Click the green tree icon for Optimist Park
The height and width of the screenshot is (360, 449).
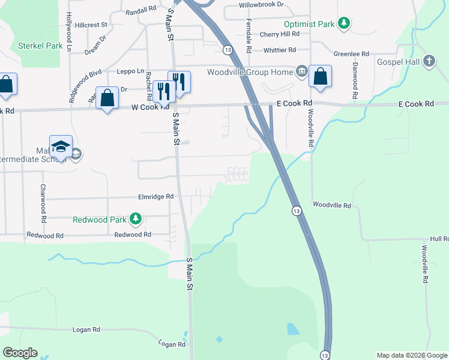point(343,24)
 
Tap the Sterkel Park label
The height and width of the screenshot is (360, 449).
point(40,46)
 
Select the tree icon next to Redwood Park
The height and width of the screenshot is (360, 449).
point(136,220)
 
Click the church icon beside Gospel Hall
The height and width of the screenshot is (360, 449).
point(429,61)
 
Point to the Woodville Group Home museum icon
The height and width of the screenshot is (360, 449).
point(301,73)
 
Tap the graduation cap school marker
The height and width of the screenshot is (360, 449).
point(61,146)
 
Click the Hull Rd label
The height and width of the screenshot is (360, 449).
point(439,238)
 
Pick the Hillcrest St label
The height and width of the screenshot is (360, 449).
point(91,25)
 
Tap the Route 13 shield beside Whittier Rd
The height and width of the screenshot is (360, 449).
point(228,50)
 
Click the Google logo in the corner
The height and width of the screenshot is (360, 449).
point(20,353)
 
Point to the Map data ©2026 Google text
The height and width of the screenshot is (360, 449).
point(411,355)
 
